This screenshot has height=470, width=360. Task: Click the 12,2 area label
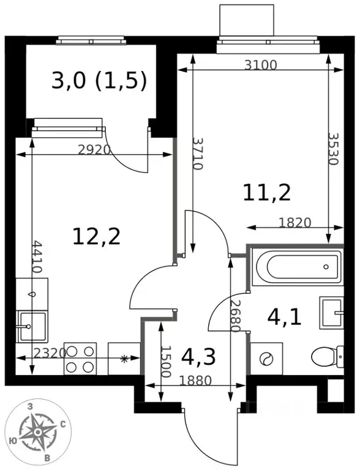coord(97,236)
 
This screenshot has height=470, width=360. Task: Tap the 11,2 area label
coord(267,193)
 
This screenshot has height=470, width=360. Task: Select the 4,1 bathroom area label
coord(285,318)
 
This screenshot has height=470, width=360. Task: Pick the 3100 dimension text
coord(260,65)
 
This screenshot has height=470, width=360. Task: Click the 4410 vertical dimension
coord(37,256)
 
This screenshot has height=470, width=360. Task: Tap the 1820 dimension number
coord(294,223)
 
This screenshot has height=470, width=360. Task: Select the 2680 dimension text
coord(236,316)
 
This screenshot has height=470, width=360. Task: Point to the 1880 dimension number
coord(195,381)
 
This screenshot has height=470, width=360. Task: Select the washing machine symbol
coord(266,358)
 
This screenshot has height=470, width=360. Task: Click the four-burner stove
coord(80,359)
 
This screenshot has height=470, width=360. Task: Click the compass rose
coord(38,432)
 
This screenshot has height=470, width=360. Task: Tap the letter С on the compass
coord(63,424)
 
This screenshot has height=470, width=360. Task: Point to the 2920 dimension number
coord(94,149)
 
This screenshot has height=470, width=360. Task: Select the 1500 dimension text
coord(166,362)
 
